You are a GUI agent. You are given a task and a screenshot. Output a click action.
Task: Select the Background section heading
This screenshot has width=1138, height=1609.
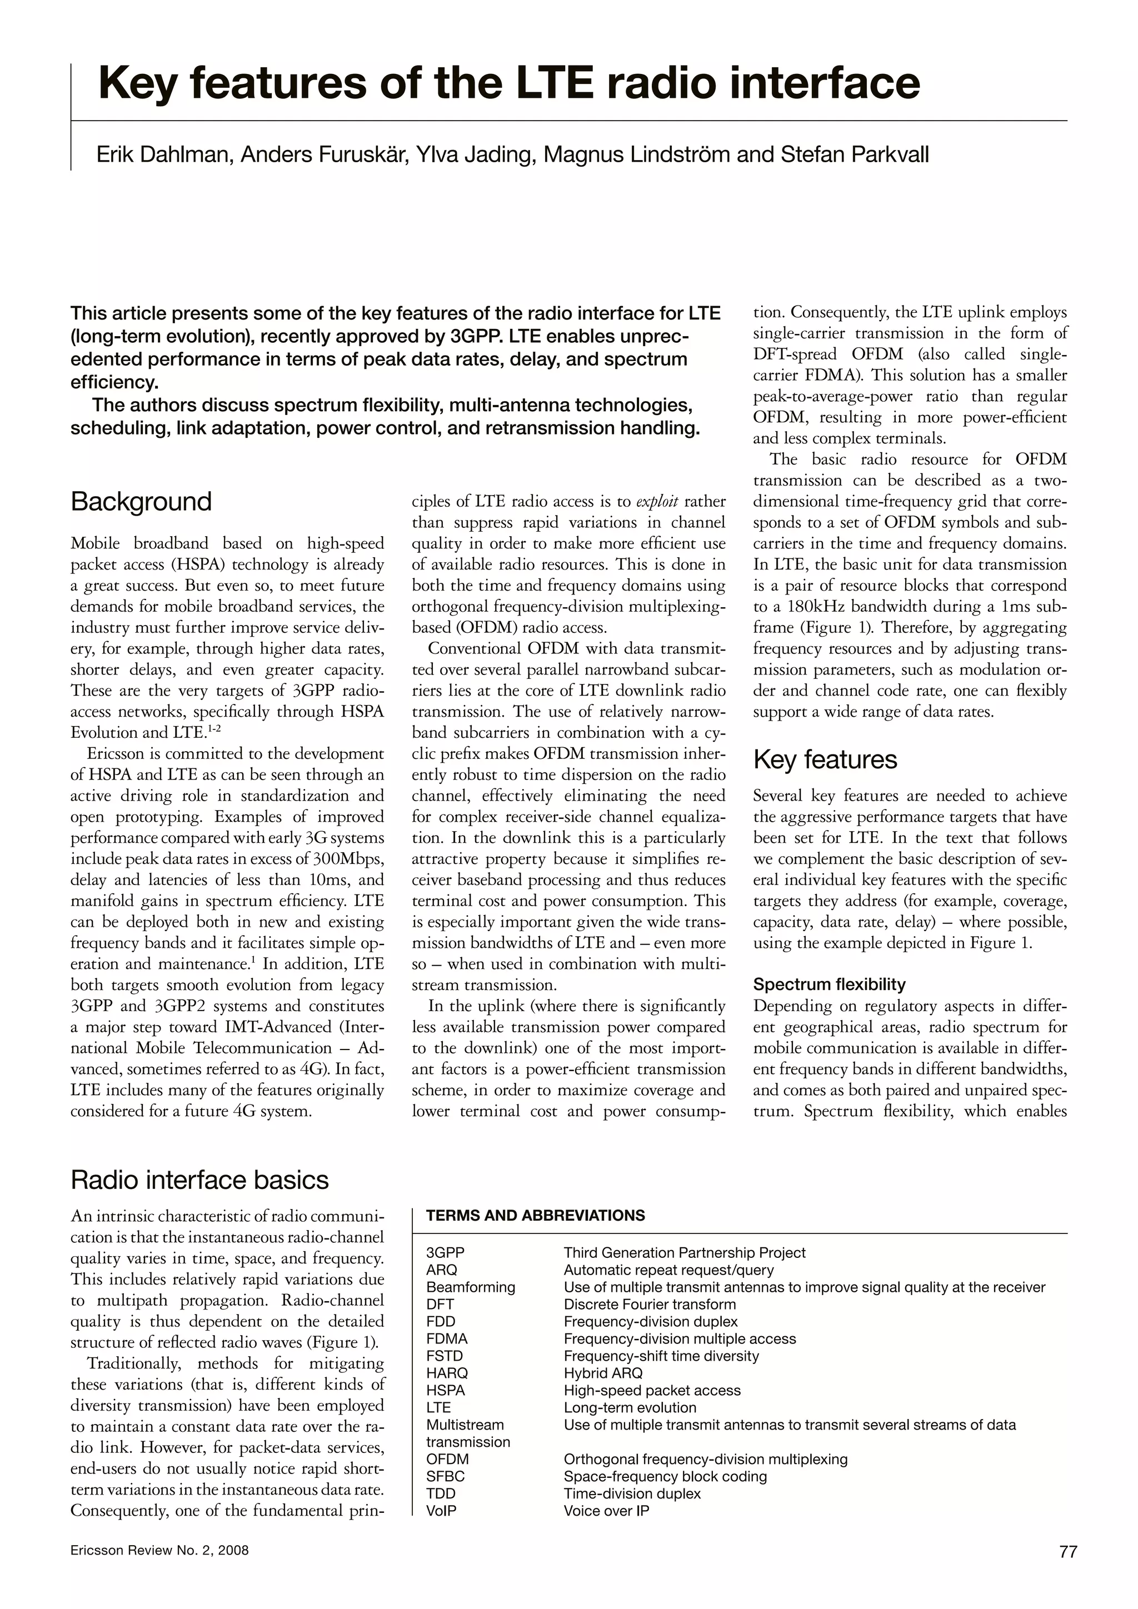pyautogui.click(x=141, y=502)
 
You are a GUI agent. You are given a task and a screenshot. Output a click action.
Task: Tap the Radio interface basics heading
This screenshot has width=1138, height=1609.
pyautogui.click(x=199, y=1180)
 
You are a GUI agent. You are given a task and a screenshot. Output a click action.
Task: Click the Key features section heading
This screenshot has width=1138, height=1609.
pyautogui.click(x=825, y=759)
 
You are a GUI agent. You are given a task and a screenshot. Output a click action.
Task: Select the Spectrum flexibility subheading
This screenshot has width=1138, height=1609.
pyautogui.click(x=829, y=985)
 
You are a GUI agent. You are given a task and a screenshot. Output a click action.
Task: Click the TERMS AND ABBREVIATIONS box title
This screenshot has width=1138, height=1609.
pyautogui.click(x=535, y=1216)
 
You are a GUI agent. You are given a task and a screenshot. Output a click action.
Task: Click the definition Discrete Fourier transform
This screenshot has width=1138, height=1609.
pyautogui.click(x=650, y=1304)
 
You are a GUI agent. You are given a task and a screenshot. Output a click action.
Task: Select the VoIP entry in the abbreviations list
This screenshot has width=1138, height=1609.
pyautogui.click(x=441, y=1511)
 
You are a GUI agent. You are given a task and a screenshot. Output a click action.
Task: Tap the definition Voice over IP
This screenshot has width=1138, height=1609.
pyautogui.click(x=606, y=1511)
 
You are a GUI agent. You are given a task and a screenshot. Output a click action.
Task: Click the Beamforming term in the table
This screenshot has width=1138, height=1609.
pyautogui.click(x=470, y=1287)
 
